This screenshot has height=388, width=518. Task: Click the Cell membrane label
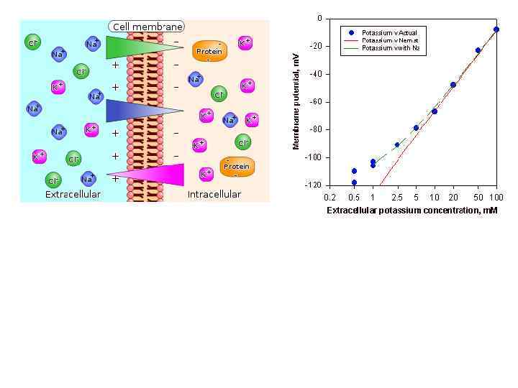coord(147,27)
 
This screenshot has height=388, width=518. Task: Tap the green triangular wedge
coord(137,47)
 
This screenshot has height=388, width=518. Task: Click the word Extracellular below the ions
coord(73,194)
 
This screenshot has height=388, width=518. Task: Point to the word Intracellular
coord(214,194)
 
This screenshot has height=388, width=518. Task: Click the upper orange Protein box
coord(209,51)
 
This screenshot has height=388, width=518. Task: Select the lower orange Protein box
coord(236,166)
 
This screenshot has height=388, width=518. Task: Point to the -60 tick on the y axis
coord(316,102)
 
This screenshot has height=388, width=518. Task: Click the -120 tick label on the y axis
coord(313,185)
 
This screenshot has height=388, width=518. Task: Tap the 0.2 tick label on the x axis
coord(330,197)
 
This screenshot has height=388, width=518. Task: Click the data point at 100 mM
coord(496,29)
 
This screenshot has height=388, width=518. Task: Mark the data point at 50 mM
coord(478,50)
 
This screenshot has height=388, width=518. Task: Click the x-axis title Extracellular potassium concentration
coord(412,211)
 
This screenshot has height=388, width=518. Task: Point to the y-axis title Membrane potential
coord(296,104)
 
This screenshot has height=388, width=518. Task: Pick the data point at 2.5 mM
coord(397,144)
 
